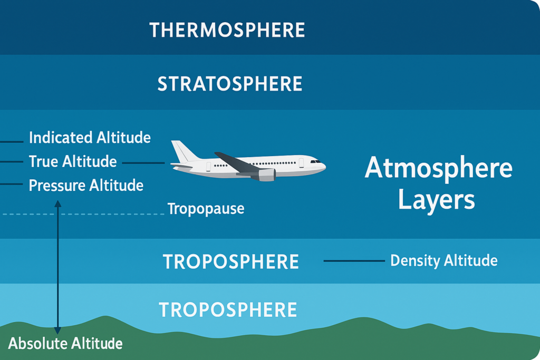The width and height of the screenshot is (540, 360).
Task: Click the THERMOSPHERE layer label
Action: click(x=227, y=30)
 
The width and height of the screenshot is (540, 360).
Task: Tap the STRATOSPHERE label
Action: click(x=230, y=84)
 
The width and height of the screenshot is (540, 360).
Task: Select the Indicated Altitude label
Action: click(x=90, y=138)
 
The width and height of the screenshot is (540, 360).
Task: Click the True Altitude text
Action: click(x=73, y=162)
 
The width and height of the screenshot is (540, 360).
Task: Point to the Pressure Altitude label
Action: click(x=86, y=186)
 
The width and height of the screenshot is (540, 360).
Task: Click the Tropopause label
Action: click(x=206, y=209)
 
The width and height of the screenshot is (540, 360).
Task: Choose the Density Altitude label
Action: click(x=443, y=260)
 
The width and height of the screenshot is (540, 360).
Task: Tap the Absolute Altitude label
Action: click(x=65, y=344)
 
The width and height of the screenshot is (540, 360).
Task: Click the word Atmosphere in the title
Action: click(x=438, y=169)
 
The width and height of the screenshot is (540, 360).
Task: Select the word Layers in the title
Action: click(x=437, y=200)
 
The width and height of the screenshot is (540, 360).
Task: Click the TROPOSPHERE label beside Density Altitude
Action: click(x=231, y=262)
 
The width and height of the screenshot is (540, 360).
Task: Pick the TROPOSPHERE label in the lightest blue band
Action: click(x=228, y=310)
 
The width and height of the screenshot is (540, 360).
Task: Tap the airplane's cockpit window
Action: click(x=315, y=161)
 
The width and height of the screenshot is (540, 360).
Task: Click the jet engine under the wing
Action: click(x=267, y=175)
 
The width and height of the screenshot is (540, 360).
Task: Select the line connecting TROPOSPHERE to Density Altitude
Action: click(x=354, y=261)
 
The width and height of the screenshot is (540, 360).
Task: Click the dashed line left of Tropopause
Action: click(x=84, y=214)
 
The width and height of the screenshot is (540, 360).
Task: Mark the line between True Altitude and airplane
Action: click(x=143, y=163)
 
